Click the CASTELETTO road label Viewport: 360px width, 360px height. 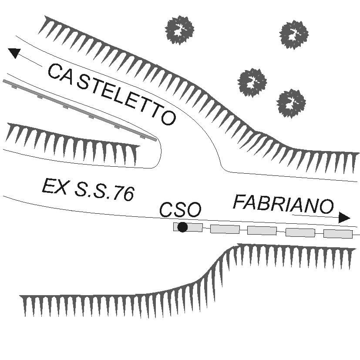[x=111, y=94]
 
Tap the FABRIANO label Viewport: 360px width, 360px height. [x=283, y=204]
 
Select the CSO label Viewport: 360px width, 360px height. [x=180, y=210]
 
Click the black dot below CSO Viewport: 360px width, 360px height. [x=182, y=227]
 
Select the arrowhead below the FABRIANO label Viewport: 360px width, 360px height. [x=344, y=218]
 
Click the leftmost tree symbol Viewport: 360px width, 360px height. [x=179, y=30]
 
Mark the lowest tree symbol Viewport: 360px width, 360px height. [x=291, y=103]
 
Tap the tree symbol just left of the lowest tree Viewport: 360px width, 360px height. [x=252, y=82]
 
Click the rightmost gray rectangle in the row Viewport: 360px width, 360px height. [x=338, y=234]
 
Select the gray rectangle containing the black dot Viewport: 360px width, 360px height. [x=188, y=227]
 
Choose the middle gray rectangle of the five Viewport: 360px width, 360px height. [x=262, y=230]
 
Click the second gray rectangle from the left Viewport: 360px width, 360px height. [x=225, y=229]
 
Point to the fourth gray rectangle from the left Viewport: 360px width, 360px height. [x=300, y=232]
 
